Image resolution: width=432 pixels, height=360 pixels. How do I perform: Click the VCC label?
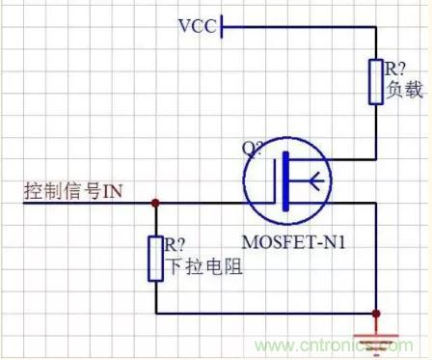pyautogui.click(x=198, y=26)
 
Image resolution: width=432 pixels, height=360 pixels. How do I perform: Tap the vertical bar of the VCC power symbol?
pyautogui.click(x=222, y=27)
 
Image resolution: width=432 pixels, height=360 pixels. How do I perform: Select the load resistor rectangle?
pyautogui.click(x=375, y=82)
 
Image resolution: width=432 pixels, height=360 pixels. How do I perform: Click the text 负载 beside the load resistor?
pyautogui.click(x=404, y=89)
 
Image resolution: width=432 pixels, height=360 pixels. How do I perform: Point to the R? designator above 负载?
pyautogui.click(x=395, y=69)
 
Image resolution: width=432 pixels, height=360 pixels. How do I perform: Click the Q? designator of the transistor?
pyautogui.click(x=252, y=148)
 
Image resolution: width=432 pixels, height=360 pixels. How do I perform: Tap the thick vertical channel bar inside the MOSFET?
pyautogui.click(x=285, y=181)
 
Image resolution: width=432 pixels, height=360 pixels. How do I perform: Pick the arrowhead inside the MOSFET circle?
pyautogui.click(x=316, y=180)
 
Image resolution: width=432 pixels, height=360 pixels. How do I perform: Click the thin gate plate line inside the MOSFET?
pyautogui.click(x=275, y=181)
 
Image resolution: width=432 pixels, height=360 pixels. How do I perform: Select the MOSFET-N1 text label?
pyautogui.click(x=293, y=242)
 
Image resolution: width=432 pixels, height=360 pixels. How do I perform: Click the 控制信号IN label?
pyautogui.click(x=73, y=191)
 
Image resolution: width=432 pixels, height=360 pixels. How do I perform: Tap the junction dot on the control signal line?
pyautogui.click(x=155, y=203)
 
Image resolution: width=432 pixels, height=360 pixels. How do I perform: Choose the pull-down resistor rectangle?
pyautogui.click(x=155, y=259)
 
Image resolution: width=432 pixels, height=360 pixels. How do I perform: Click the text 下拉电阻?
pyautogui.click(x=204, y=266)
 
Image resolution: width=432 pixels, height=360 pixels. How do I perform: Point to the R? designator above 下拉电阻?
pyautogui.click(x=175, y=244)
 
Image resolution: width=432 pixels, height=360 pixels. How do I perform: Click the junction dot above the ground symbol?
pyautogui.click(x=376, y=314)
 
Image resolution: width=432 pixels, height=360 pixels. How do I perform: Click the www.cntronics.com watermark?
pyautogui.click(x=335, y=346)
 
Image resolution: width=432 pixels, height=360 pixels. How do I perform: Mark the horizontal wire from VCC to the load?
pyautogui.click(x=299, y=27)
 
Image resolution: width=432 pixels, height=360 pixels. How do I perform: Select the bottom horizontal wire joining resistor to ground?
pyautogui.click(x=266, y=313)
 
